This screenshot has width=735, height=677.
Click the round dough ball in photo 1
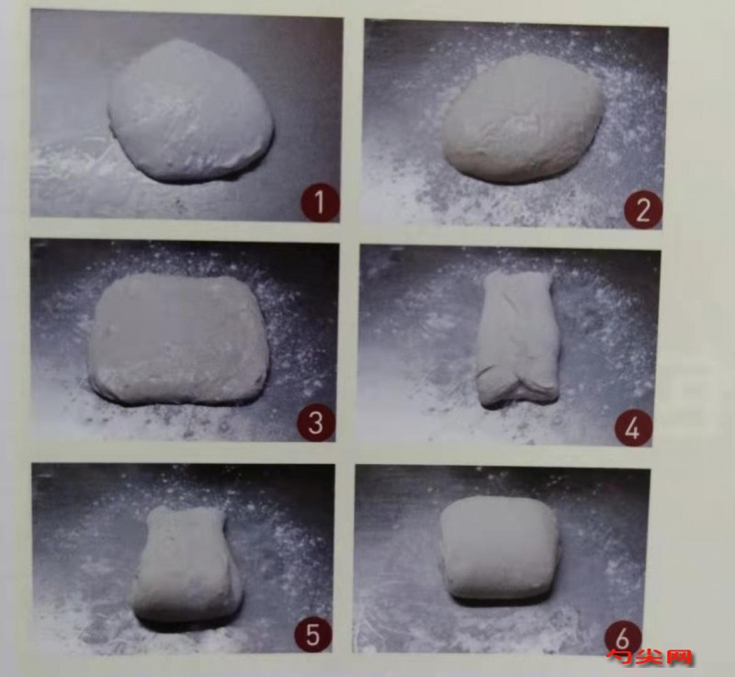click(190, 110)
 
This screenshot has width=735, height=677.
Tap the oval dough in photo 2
click(522, 119)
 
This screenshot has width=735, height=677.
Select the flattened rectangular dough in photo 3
click(179, 339)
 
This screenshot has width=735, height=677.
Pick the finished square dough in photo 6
click(499, 548)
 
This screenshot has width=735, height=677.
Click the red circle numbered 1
click(320, 203)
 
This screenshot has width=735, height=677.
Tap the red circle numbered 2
click(642, 209)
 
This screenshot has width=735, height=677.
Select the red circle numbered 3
click(316, 423)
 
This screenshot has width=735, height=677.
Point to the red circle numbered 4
click(633, 428)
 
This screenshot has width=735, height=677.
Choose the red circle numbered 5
click(312, 634)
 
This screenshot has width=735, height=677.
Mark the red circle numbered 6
click(623, 637)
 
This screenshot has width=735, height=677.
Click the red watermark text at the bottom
click(650, 657)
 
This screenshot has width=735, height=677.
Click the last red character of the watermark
click(678, 657)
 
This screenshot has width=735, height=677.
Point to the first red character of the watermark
click(620, 657)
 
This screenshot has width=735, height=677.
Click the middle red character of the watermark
click(650, 657)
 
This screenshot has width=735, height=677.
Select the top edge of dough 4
click(517, 274)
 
